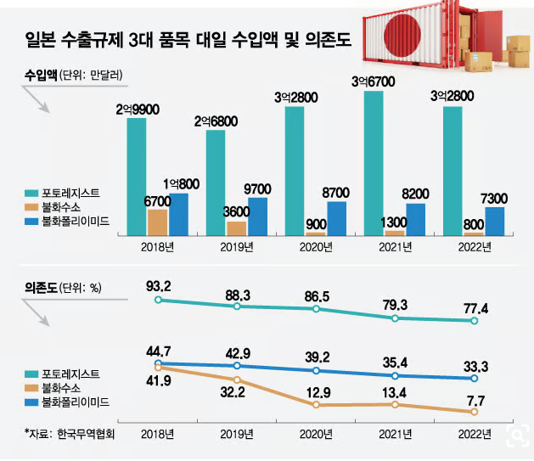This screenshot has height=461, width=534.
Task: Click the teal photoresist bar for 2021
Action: (374, 161)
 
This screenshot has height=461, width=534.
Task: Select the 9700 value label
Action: (257, 188)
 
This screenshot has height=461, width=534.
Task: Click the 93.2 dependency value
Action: (159, 283)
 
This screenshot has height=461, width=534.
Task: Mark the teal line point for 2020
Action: (317, 309)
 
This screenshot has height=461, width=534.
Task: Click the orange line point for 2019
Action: (238, 379)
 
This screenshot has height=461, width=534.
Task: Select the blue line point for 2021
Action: (396, 375)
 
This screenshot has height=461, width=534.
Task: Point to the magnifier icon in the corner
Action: (514, 436)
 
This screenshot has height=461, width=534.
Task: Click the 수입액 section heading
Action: (41, 74)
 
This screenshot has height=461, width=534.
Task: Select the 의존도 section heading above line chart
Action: (41, 288)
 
